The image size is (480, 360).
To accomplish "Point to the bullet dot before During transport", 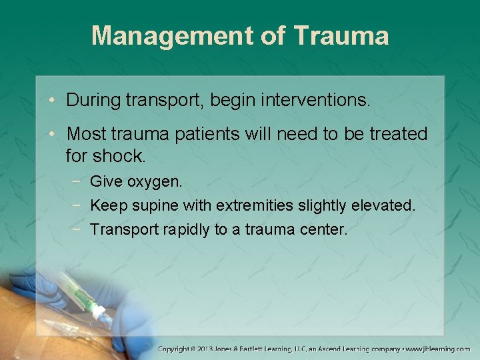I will pos(53,101).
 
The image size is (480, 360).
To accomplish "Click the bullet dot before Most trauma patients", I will pos(53,135).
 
